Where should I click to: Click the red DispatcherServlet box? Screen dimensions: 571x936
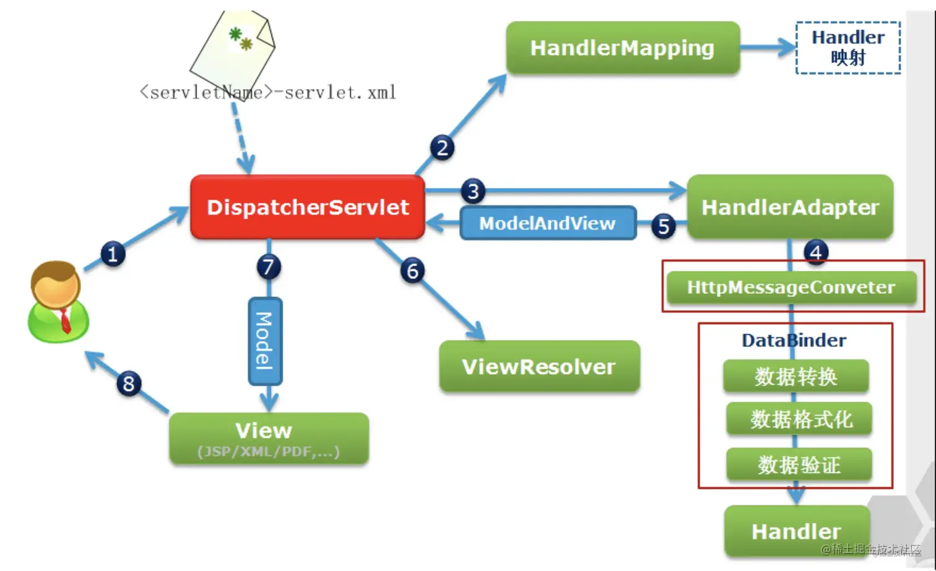click(308, 207)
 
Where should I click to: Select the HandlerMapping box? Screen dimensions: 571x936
click(623, 48)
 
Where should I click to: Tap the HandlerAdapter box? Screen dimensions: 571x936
click(790, 207)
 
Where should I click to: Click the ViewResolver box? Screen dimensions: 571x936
click(539, 367)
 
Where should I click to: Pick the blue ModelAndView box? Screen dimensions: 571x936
click(548, 223)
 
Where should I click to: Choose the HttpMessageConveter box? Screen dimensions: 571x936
click(791, 287)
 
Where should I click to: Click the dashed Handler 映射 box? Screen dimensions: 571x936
click(847, 48)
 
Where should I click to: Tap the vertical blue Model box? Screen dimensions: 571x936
click(265, 341)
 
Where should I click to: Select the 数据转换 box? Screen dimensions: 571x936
click(796, 376)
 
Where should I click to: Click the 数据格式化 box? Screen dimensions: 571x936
click(800, 419)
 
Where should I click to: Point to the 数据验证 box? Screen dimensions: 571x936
click(799, 465)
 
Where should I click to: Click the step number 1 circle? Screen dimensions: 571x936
click(113, 254)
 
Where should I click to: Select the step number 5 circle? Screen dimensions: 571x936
click(664, 226)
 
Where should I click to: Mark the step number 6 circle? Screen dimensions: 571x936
click(413, 271)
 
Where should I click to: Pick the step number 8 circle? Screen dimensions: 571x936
click(129, 384)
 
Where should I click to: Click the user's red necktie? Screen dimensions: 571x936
click(65, 320)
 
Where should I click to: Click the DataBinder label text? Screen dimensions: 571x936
click(794, 340)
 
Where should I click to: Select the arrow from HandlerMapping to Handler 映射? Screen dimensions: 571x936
click(768, 47)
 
